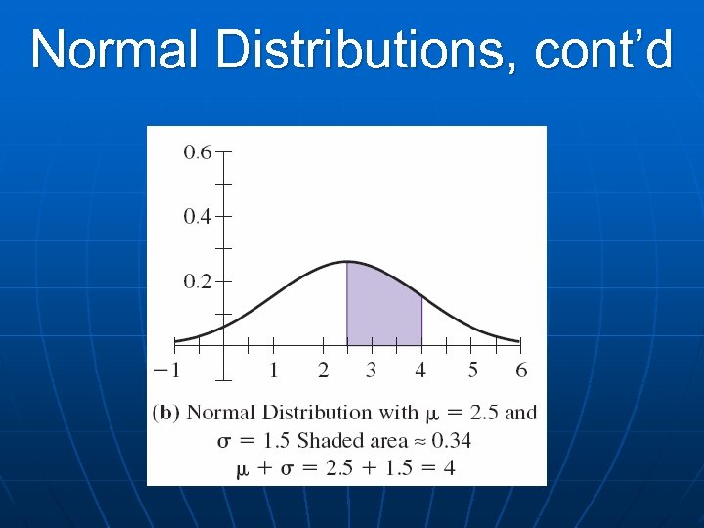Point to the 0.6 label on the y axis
point(197,153)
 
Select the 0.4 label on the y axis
point(197,217)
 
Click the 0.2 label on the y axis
point(197,282)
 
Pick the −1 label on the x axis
point(167,371)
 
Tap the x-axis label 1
point(273,371)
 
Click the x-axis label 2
point(323,371)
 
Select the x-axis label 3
point(372,371)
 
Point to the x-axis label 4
point(420,371)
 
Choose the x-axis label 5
point(471,371)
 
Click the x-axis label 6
point(521,371)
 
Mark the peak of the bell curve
point(346,262)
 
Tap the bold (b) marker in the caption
point(166,413)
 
